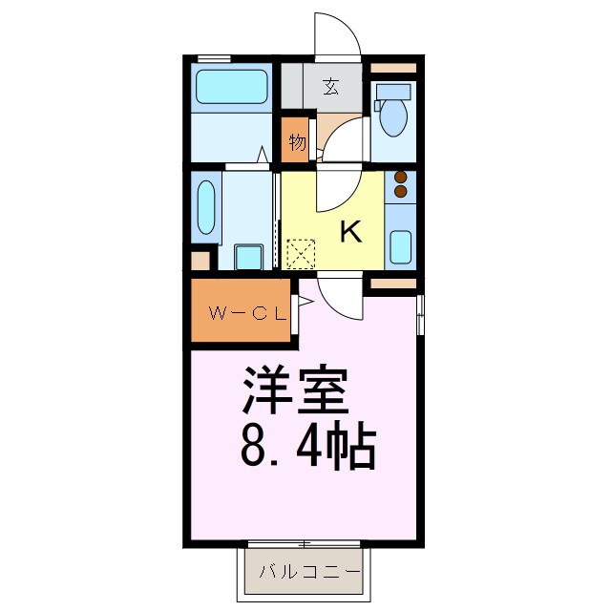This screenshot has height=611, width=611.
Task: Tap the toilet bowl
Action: pyautogui.click(x=391, y=114)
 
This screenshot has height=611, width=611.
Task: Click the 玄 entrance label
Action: pyautogui.click(x=330, y=88)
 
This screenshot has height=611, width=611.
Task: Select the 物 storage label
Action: pyautogui.click(x=297, y=143)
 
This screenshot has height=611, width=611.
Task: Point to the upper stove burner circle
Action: pyautogui.click(x=401, y=177)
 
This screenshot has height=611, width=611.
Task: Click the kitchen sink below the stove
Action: pyautogui.click(x=402, y=247)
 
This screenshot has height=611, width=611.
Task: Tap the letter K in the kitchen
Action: pyautogui.click(x=350, y=231)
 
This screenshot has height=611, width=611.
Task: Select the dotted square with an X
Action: pyautogui.click(x=303, y=253)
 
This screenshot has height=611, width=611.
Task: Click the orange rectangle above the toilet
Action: pyautogui.click(x=393, y=69)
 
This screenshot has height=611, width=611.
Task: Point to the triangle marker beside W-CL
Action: pyautogui.click(x=305, y=304)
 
